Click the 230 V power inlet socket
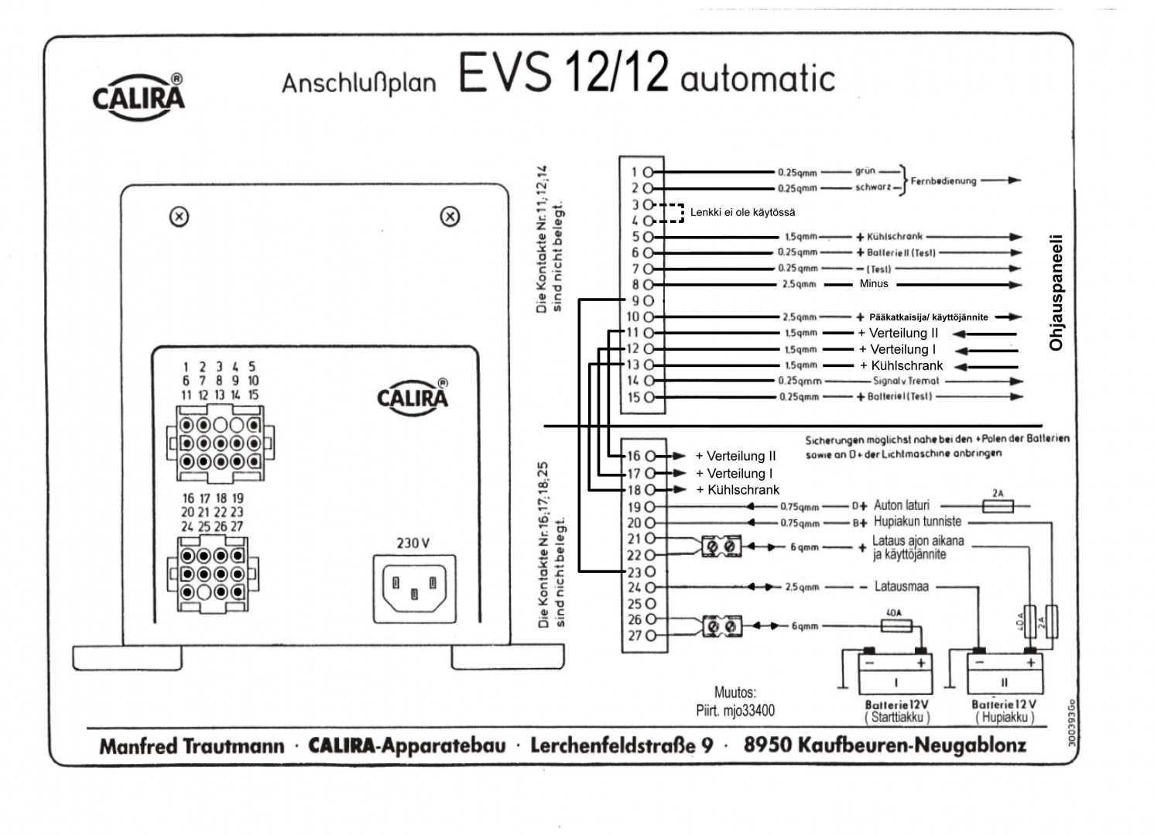click(414, 588)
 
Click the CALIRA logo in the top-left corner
click(139, 96)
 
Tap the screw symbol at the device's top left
click(179, 218)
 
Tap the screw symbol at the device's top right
click(450, 218)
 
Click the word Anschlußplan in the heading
click(358, 83)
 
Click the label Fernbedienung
click(943, 181)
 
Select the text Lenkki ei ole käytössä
click(742, 212)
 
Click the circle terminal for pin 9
click(649, 300)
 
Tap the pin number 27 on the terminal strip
click(634, 636)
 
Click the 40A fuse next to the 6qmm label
click(897, 625)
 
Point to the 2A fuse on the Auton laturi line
click(998, 506)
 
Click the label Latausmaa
click(901, 587)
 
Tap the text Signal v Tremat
click(906, 381)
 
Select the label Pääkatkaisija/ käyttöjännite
click(928, 317)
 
